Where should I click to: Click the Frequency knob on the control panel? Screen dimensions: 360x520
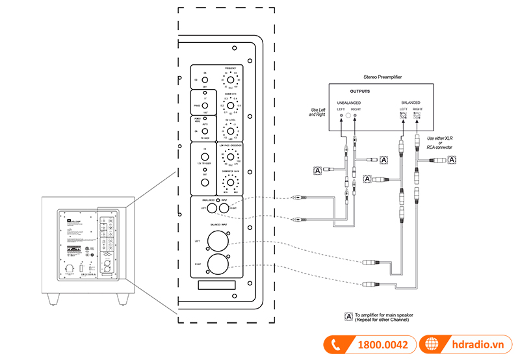pos(229,80)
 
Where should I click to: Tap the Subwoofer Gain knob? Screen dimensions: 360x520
pos(229,181)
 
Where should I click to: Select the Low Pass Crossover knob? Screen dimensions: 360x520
pos(229,157)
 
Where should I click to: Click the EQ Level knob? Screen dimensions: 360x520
pos(229,130)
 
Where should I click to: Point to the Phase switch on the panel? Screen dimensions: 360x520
pos(203,105)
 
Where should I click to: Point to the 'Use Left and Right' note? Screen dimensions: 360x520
pos(317,112)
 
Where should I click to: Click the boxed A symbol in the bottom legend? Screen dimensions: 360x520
pos(348,316)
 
